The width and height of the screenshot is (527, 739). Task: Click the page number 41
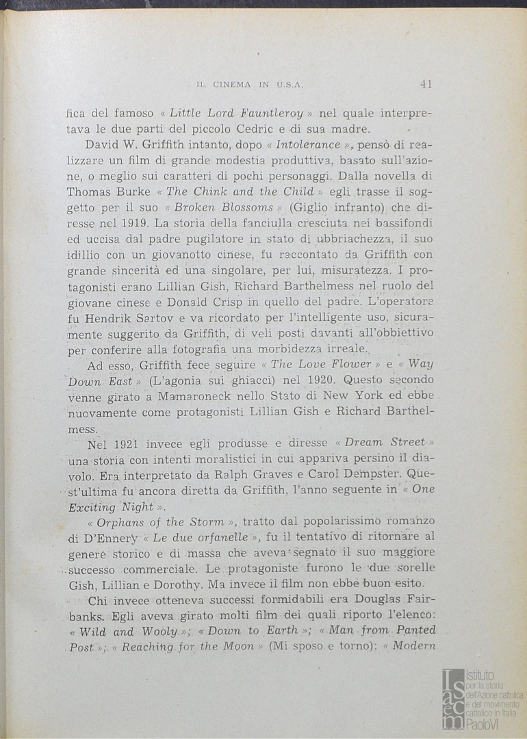pos(426,84)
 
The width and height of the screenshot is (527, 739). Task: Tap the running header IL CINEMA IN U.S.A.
pos(250,85)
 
